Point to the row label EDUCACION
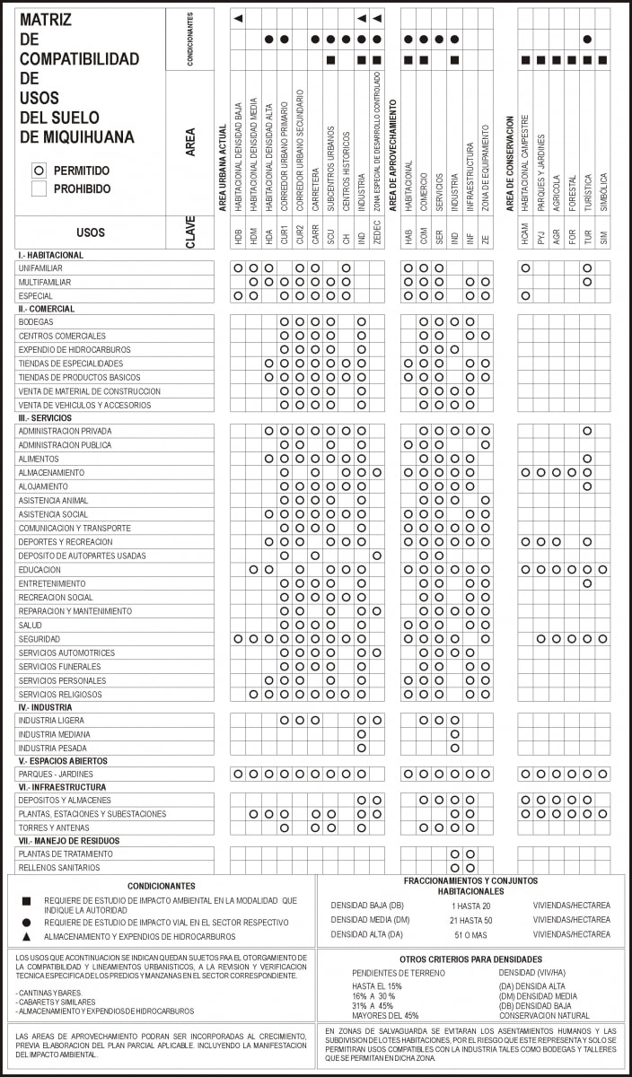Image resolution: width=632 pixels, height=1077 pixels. point(39,570)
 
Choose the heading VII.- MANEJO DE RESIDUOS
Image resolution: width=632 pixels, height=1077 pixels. point(68,841)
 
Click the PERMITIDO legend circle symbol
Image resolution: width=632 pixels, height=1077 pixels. point(39,171)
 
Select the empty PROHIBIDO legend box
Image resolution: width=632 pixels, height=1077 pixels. point(39,188)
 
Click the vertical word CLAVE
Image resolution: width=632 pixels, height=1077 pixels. point(190,232)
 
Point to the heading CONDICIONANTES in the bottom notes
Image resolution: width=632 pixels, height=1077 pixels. point(161,886)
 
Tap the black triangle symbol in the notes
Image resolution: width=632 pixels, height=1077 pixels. point(27,935)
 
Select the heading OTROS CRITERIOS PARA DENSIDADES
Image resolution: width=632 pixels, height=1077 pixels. point(471,959)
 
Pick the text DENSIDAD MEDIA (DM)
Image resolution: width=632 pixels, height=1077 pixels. point(370,920)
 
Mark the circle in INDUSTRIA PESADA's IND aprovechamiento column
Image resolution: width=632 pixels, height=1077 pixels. point(454,748)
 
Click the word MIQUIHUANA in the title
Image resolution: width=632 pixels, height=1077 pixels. point(88,137)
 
